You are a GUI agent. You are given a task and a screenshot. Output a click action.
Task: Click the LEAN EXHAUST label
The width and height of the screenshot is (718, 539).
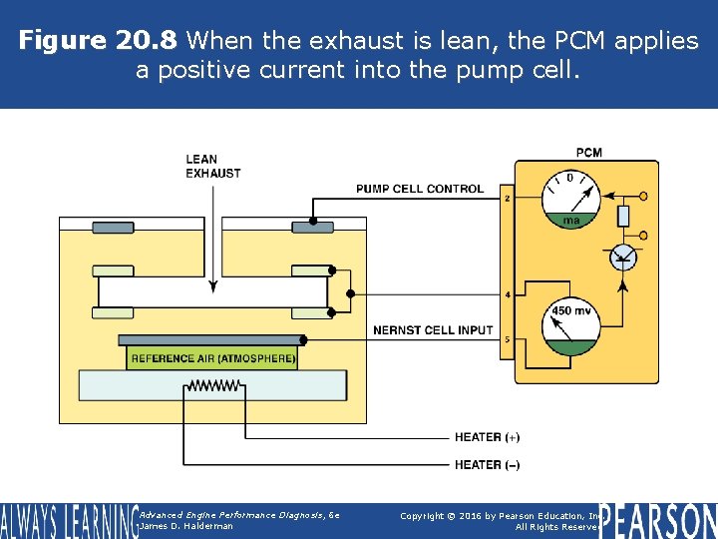212,166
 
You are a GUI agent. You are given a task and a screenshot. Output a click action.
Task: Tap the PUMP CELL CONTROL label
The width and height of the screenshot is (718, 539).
420,189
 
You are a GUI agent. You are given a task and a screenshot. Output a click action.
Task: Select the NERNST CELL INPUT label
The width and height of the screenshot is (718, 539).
433,330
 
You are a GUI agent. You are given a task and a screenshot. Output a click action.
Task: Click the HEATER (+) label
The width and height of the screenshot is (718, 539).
487,437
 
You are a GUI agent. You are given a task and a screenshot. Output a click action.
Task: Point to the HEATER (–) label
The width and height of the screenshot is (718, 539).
487,465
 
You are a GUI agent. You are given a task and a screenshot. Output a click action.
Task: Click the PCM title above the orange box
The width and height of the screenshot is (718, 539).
588,152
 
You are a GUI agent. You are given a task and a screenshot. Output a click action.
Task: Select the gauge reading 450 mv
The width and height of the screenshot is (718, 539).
570,324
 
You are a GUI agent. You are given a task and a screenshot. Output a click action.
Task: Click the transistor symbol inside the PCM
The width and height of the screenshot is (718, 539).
623,257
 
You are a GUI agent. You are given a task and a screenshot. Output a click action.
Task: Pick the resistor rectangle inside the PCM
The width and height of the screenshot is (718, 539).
623,215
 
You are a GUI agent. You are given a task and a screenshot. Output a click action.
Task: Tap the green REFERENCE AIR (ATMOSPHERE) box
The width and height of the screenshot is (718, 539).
212,358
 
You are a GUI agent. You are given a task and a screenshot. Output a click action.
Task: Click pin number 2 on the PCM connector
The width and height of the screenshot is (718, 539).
508,199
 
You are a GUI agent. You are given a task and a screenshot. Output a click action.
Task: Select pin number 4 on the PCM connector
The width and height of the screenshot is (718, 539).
508,295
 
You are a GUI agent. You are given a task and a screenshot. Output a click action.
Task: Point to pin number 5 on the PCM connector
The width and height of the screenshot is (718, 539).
508,340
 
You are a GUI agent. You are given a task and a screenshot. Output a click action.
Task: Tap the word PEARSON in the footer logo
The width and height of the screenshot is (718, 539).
658,520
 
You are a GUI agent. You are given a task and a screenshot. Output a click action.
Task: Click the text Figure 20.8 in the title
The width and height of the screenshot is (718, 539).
98,41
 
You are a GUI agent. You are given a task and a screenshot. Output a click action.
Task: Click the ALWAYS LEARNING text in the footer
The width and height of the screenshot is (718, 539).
68,521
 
